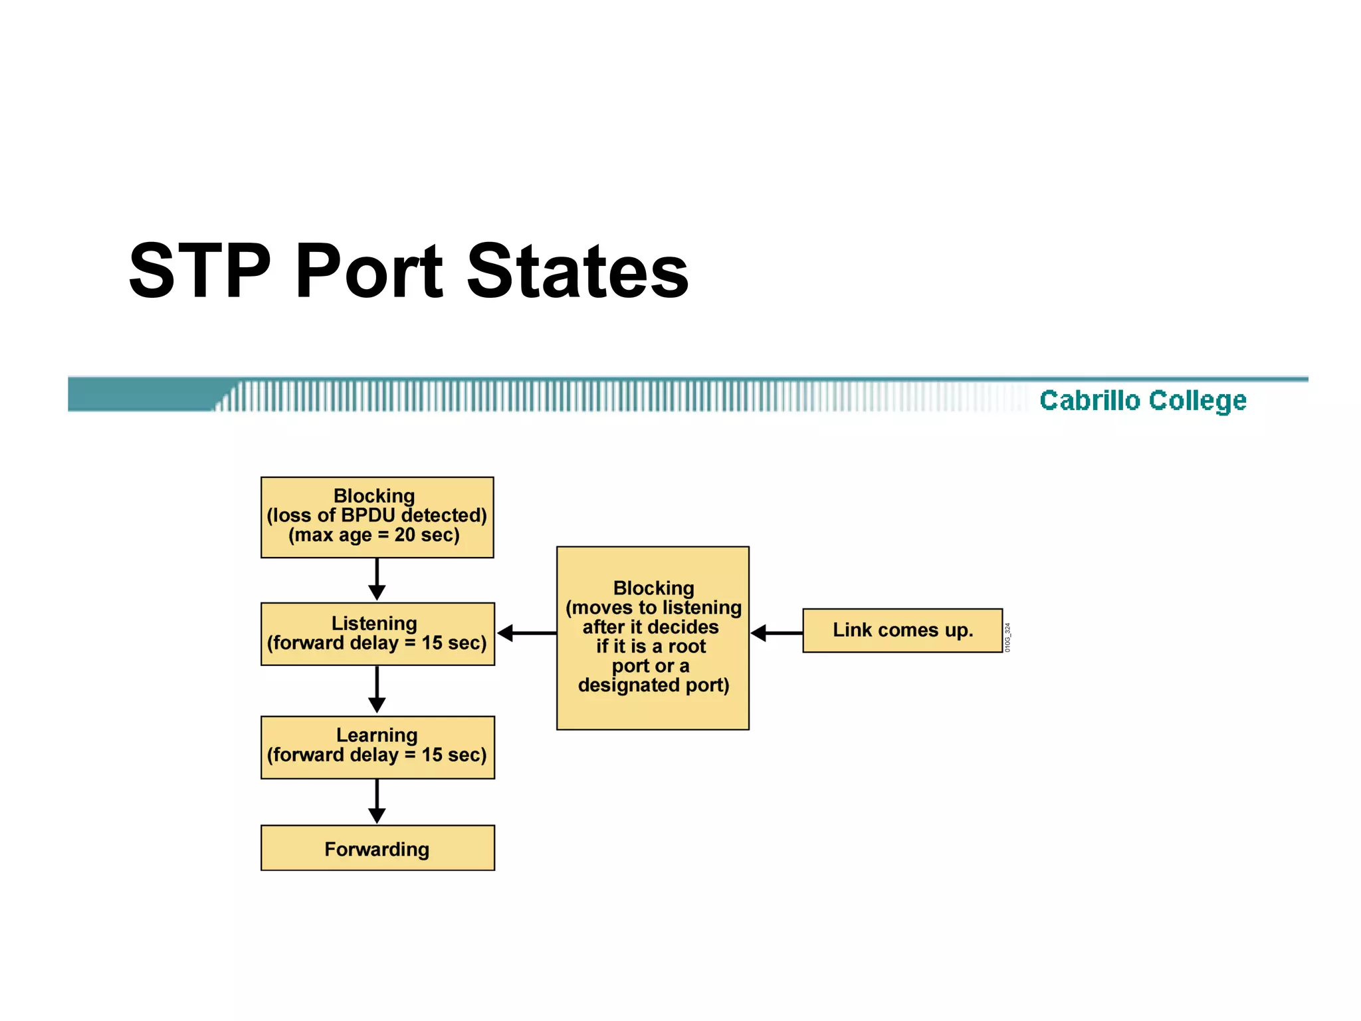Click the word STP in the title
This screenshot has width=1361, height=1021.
click(x=199, y=271)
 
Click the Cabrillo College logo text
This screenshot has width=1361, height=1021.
click(x=1142, y=400)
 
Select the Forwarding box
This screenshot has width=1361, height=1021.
click(x=377, y=848)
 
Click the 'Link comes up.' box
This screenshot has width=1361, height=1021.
click(x=902, y=630)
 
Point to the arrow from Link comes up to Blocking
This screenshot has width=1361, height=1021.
click(x=776, y=633)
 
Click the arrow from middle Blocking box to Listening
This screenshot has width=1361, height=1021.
click(x=526, y=633)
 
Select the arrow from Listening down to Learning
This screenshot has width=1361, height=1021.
click(x=377, y=690)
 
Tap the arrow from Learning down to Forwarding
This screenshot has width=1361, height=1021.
click(x=377, y=802)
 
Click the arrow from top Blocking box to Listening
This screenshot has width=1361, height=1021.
click(x=377, y=579)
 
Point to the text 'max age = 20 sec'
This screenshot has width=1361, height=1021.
click(x=374, y=535)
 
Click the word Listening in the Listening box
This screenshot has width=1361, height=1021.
click(x=374, y=623)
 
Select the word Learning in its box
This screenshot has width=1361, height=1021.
click(x=377, y=735)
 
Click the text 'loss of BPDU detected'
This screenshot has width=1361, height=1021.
click(x=377, y=515)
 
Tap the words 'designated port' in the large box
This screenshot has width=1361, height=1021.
click(x=653, y=685)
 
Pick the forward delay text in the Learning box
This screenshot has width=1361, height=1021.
click(x=377, y=755)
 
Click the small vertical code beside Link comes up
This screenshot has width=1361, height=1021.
click(x=1007, y=637)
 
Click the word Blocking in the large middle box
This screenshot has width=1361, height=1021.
click(x=653, y=588)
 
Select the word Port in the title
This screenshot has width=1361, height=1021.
click(x=369, y=271)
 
